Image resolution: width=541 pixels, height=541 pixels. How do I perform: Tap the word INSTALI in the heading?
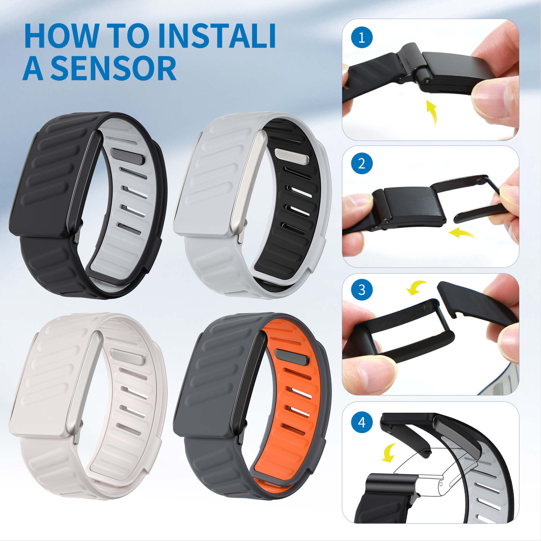tap(217, 36)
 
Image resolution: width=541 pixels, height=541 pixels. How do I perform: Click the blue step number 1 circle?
tap(362, 37)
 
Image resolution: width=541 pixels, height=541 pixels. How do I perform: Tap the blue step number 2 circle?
tap(362, 164)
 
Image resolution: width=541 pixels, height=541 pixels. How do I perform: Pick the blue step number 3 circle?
tap(362, 290)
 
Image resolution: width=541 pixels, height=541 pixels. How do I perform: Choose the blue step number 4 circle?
tap(362, 422)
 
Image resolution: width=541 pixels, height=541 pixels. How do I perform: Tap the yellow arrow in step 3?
tap(416, 287)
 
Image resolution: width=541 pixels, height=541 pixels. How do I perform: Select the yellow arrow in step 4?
tap(389, 453)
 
